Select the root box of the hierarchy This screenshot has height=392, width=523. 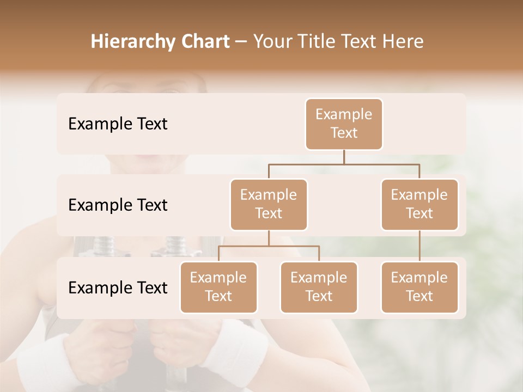[x=344, y=124]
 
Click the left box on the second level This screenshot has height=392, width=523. [x=269, y=204]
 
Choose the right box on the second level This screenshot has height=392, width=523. [x=419, y=204]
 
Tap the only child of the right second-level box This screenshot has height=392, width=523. [x=419, y=287]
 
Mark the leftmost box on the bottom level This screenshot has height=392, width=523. [x=218, y=287]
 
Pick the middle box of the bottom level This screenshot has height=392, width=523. [x=319, y=287]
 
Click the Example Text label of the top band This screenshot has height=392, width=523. [x=118, y=124]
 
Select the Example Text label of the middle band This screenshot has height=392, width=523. [x=118, y=205]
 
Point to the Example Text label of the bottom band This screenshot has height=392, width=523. [x=118, y=287]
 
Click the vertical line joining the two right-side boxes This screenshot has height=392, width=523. [x=419, y=246]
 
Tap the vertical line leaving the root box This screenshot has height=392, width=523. [x=344, y=157]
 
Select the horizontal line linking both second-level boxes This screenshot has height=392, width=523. [x=344, y=164]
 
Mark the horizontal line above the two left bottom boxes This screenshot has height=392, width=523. [x=269, y=246]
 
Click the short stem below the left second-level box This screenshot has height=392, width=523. [x=269, y=238]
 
